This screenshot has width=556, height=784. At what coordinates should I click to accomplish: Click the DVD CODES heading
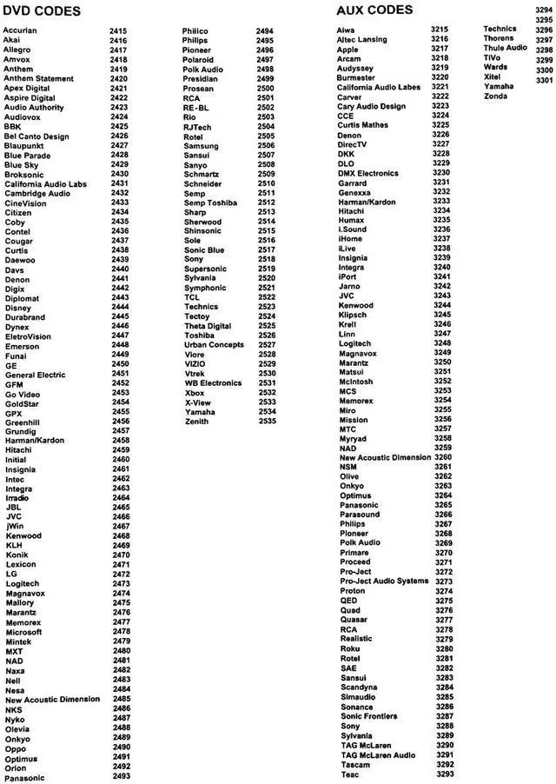41,11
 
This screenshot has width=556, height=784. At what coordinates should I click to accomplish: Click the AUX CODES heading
374,10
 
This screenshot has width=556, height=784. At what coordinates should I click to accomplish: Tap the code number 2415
119,31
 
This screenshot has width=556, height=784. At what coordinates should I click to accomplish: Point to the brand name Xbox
194,393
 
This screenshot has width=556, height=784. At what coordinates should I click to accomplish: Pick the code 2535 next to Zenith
267,422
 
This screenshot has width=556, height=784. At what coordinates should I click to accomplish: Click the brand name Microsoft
24,632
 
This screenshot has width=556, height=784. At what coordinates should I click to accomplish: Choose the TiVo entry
498,57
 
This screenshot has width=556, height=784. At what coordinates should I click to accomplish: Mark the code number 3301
545,81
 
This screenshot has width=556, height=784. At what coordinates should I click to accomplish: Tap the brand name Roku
350,648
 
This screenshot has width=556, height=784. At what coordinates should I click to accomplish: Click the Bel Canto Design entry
36,136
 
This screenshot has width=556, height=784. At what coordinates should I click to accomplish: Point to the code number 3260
443,457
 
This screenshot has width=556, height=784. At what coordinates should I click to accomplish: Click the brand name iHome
350,239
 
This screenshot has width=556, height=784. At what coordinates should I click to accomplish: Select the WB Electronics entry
213,382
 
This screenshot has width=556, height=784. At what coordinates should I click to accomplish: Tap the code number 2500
267,89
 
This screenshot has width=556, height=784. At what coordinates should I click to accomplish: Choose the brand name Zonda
496,96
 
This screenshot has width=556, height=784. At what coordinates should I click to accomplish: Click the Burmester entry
356,78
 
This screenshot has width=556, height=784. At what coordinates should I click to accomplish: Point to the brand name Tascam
355,765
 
